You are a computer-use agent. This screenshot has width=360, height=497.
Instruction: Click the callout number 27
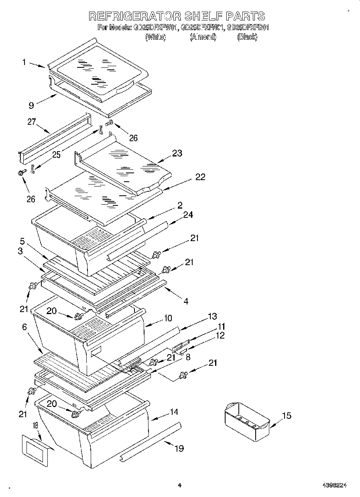click(32, 122)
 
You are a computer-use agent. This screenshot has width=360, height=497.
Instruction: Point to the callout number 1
click(24, 62)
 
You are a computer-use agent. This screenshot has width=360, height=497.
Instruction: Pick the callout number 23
click(177, 153)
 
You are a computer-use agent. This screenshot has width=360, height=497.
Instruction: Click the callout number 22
click(200, 177)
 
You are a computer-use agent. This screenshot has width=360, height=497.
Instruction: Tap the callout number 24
click(187, 215)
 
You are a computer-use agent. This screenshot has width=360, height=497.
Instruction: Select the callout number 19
click(179, 448)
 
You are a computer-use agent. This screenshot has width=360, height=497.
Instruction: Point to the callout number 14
click(174, 412)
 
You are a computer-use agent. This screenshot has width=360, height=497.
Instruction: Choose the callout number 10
click(167, 318)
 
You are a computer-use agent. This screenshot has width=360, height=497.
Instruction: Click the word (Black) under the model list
click(247, 37)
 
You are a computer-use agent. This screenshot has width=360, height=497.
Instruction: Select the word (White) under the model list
click(155, 37)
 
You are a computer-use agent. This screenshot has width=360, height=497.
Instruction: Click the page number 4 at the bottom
click(179, 485)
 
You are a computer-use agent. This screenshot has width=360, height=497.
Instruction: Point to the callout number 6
click(24, 327)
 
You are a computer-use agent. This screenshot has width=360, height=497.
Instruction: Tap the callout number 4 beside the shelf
click(186, 300)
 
